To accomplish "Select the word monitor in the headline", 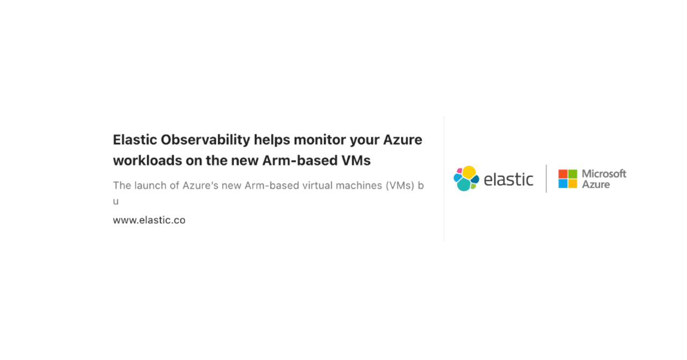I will pyautogui.click(x=319, y=140).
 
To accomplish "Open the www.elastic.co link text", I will pyautogui.click(x=149, y=220).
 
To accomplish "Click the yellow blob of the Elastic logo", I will pyautogui.click(x=469, y=172).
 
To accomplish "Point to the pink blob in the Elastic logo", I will pyautogui.click(x=459, y=171).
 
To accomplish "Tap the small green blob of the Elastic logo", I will pyautogui.click(x=473, y=186).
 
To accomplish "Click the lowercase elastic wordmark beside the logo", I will pyautogui.click(x=508, y=179).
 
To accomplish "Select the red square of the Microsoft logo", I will pyautogui.click(x=562, y=174).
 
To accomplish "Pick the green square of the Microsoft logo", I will pyautogui.click(x=573, y=174).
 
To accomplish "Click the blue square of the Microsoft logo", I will pyautogui.click(x=562, y=184).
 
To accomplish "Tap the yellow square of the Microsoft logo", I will pyautogui.click(x=573, y=184).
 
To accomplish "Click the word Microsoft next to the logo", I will pyautogui.click(x=604, y=174).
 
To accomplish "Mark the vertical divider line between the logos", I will pyautogui.click(x=546, y=179).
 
